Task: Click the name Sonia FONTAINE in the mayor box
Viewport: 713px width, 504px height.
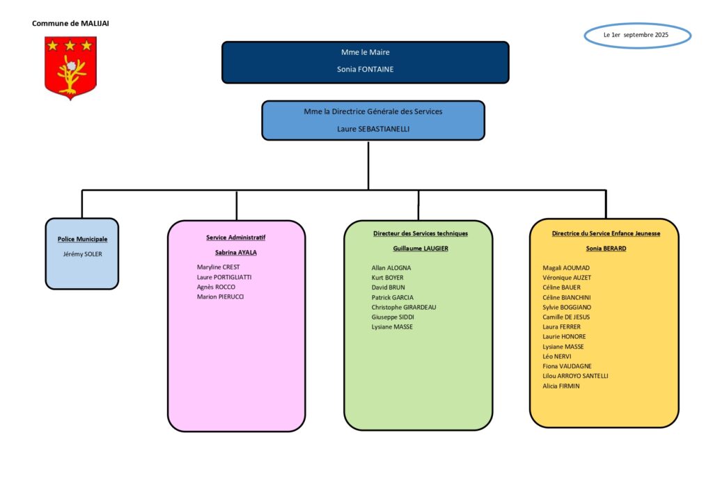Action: point(365,69)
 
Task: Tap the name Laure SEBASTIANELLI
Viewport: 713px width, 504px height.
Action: point(373,129)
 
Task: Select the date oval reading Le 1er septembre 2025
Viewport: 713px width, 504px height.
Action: point(638,35)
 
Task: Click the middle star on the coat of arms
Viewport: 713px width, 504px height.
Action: point(70,45)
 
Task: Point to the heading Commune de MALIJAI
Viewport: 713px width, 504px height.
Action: point(70,23)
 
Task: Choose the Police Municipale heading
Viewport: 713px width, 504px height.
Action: point(82,239)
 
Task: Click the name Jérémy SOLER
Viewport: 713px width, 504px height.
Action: point(82,254)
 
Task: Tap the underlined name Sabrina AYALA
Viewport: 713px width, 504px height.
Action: point(236,252)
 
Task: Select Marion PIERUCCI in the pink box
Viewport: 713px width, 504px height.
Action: point(220,297)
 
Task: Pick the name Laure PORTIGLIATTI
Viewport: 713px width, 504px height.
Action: point(224,277)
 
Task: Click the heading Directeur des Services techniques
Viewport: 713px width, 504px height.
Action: point(421,234)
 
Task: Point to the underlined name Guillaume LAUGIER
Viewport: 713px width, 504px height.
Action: point(421,249)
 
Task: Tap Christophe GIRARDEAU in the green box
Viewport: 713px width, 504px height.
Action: point(404,307)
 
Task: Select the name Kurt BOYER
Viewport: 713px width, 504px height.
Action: point(387,278)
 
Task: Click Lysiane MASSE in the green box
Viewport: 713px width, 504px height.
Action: point(392,326)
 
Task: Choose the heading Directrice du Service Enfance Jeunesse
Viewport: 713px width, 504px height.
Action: point(606,234)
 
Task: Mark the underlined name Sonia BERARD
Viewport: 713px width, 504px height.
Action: point(606,249)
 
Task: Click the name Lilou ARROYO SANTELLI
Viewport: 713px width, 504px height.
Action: point(575,376)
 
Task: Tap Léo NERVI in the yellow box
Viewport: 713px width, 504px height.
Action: point(557,356)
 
